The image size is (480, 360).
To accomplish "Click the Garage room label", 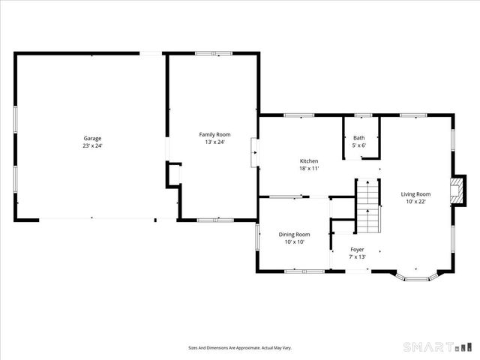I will click(92, 139).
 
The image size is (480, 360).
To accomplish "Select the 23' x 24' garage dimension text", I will click(92, 145).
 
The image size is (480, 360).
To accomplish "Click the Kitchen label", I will click(309, 161).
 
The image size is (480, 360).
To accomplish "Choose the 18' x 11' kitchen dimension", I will click(309, 169).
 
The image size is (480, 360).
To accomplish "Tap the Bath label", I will click(358, 138).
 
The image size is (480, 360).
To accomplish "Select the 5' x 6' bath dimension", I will click(358, 145).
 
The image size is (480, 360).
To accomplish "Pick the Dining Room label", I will click(294, 234).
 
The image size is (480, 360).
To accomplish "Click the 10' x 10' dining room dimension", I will click(294, 241).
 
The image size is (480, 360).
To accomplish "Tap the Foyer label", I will click(358, 250).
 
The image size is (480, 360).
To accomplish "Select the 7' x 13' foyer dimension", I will click(358, 257).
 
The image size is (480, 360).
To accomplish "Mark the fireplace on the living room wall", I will click(455, 191).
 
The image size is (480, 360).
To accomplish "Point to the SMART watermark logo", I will click(439, 346).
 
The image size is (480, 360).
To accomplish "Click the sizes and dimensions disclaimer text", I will click(239, 347).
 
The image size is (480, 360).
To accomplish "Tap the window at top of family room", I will click(213, 52).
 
